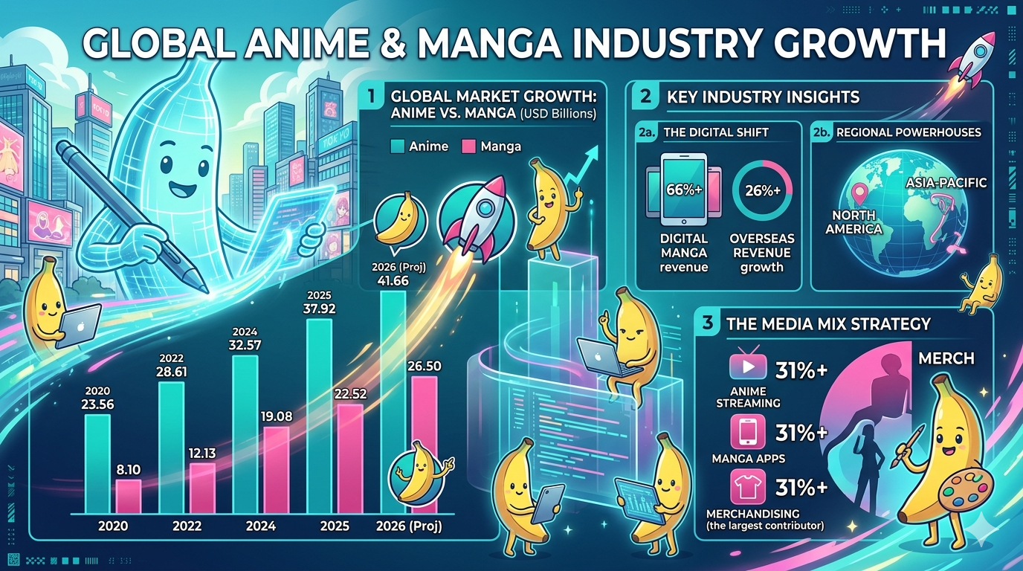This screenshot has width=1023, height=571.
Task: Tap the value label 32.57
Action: point(245,345)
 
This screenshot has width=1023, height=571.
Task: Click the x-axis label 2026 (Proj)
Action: point(409,526)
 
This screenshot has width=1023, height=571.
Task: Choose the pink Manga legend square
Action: point(470,146)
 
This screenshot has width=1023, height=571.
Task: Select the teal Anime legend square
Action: point(397,146)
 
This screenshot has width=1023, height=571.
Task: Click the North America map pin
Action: point(860,194)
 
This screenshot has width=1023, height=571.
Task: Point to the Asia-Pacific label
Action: point(946,182)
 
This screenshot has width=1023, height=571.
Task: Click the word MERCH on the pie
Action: point(946,358)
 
